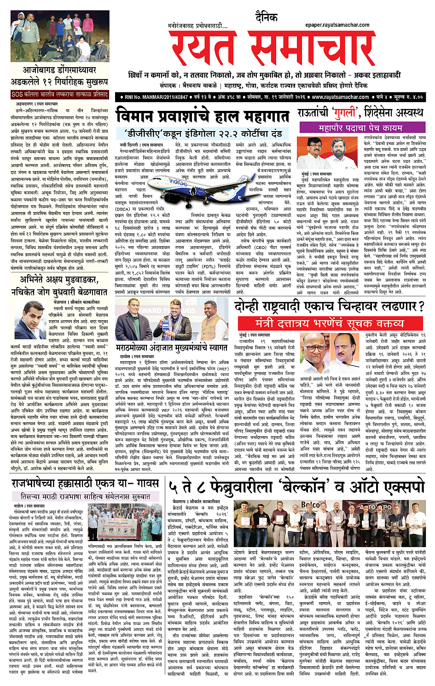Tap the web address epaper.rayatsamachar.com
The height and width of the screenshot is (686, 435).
(337, 25)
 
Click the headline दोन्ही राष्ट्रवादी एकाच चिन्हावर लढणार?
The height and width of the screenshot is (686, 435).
(329, 306)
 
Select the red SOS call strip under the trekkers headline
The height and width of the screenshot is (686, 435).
(60, 94)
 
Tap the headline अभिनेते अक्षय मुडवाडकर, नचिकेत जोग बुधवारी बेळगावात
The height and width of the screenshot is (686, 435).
(59, 285)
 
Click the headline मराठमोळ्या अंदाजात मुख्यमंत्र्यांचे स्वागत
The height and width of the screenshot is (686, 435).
(172, 348)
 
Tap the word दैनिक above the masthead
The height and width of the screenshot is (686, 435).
(267, 17)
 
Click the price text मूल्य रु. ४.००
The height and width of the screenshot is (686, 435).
(406, 97)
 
